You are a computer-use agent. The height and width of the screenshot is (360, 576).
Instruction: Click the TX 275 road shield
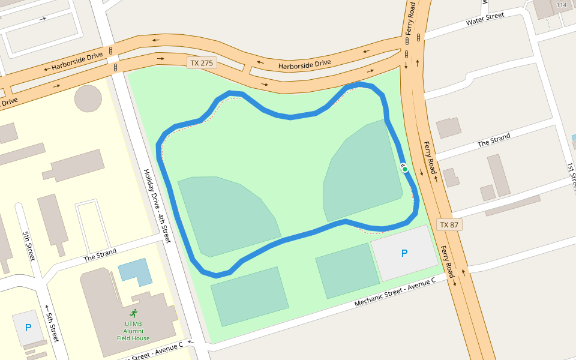tap(202, 63)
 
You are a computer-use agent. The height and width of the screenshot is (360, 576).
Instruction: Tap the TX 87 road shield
tap(449, 225)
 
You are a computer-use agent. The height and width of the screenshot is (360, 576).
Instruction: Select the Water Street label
tap(485, 20)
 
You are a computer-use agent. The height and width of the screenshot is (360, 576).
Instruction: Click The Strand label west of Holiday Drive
tap(99, 254)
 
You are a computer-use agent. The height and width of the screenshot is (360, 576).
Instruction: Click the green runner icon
tap(133, 313)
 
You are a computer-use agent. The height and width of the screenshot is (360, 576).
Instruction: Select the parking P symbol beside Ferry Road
tap(404, 254)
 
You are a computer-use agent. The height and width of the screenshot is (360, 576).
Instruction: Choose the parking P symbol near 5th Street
tap(28, 328)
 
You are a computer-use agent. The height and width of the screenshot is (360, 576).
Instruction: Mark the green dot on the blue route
tap(405, 169)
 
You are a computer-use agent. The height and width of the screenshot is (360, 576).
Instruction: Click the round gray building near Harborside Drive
tap(88, 98)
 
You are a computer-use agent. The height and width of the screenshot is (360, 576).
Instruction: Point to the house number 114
tap(562, 5)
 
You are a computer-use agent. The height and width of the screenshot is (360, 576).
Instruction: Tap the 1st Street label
tap(572, 175)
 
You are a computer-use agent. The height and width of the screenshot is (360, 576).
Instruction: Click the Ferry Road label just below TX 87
tap(447, 257)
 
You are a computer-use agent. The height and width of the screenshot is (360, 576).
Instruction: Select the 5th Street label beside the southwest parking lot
tap(52, 327)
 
